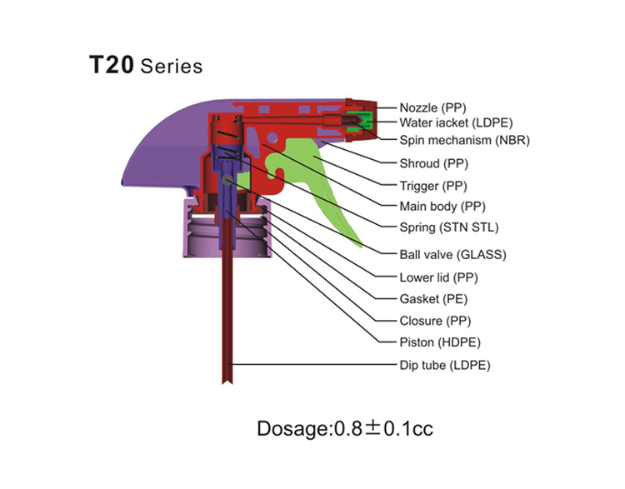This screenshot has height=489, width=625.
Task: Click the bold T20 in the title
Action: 111,65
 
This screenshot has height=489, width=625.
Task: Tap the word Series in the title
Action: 172,66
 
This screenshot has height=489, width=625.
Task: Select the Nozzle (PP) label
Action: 432,108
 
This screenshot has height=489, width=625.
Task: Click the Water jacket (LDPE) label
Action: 456,122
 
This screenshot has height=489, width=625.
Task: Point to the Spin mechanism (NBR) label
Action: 464,140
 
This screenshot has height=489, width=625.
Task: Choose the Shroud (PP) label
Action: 433,163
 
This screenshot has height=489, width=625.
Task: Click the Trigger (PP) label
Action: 432,186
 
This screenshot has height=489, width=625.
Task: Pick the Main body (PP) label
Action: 442,207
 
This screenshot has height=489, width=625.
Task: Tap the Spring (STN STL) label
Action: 449,227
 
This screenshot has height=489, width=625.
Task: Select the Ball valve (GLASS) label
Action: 452,255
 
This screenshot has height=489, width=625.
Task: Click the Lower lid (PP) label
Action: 438,277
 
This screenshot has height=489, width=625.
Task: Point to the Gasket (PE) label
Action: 433,299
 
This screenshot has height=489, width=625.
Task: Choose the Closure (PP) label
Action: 435,321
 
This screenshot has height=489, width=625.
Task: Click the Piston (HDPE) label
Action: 440,342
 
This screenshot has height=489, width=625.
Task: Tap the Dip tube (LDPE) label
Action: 445,365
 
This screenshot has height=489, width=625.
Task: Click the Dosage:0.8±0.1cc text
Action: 345,429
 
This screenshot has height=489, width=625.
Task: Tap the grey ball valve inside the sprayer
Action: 227,180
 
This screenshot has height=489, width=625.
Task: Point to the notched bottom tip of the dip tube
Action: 227,382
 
